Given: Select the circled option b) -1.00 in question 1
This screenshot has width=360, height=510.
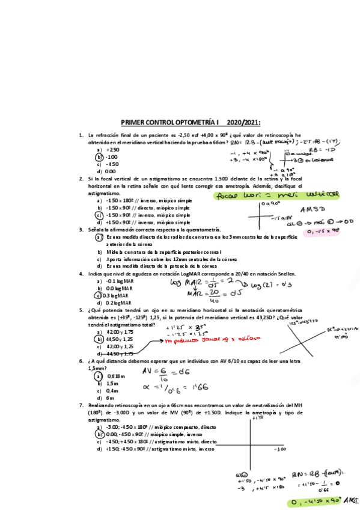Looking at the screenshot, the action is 111,156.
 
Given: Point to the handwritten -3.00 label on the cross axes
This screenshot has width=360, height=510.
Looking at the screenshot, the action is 280,449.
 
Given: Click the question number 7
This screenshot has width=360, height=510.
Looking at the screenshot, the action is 81,405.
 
